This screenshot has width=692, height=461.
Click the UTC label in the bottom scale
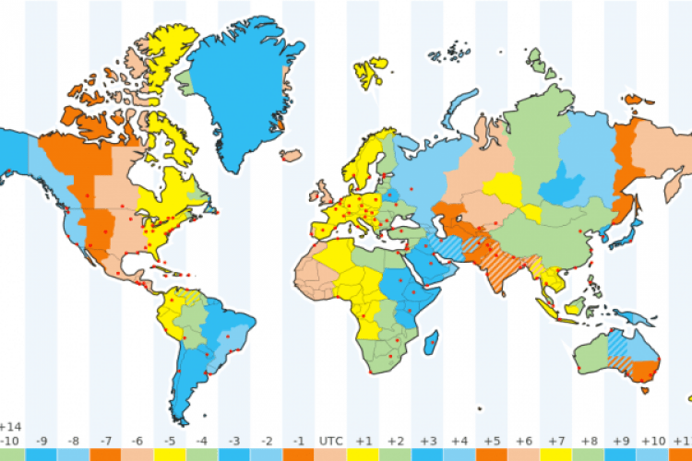(330, 441)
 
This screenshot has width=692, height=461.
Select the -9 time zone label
(42, 441)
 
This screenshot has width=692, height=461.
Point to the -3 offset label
(234, 441)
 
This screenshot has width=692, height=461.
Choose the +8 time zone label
(588, 441)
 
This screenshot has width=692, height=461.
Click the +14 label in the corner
(11, 427)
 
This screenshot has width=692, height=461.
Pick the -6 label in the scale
(137, 441)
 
